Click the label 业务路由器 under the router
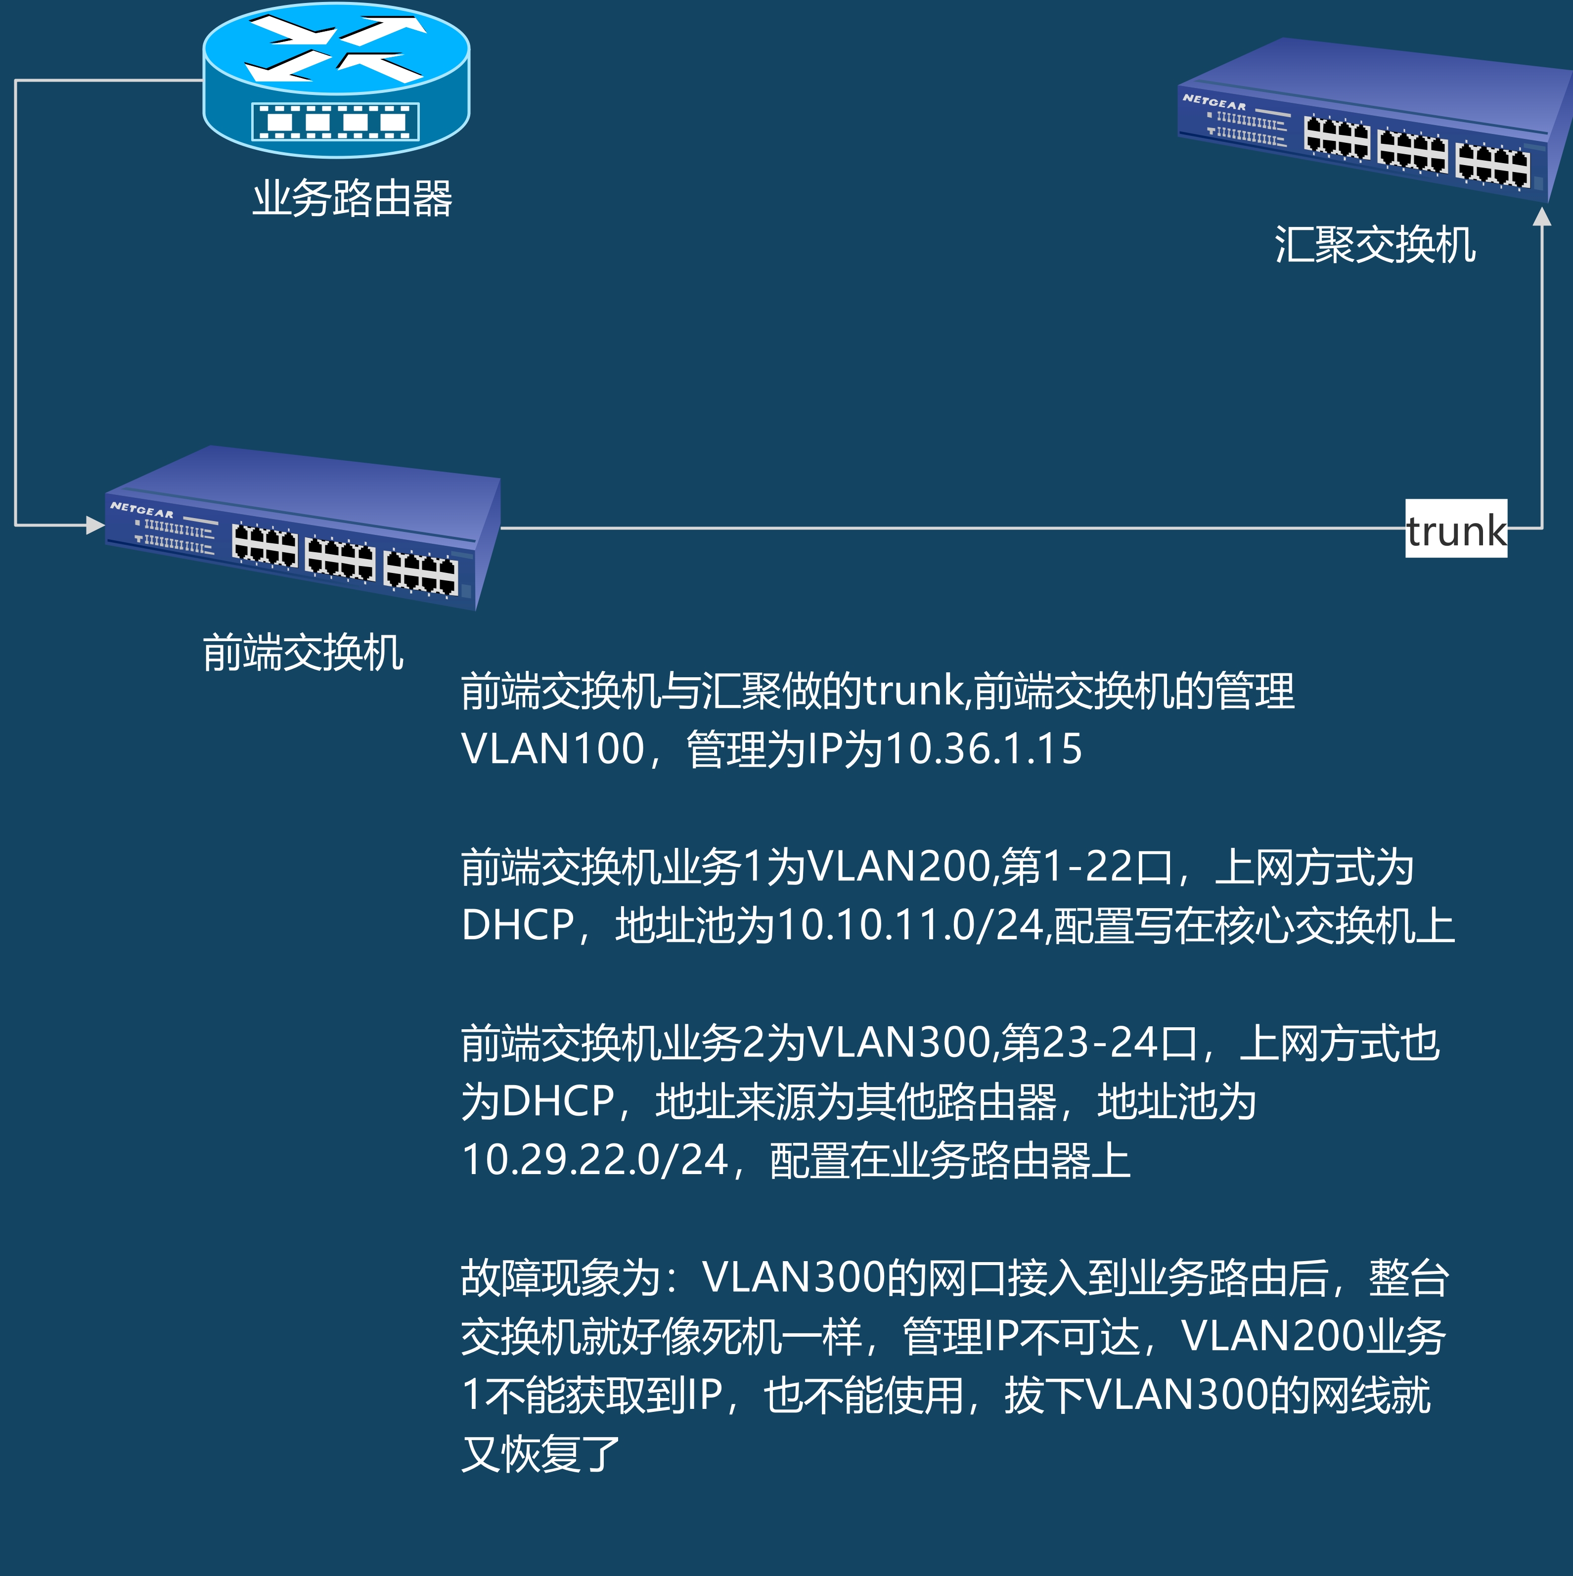(352, 198)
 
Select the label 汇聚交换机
(1375, 245)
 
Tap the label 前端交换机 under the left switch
(303, 653)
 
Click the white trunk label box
(1455, 528)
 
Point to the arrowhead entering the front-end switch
(94, 525)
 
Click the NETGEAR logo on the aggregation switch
(1214, 102)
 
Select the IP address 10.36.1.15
(984, 749)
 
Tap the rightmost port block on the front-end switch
(421, 571)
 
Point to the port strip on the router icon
(335, 123)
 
